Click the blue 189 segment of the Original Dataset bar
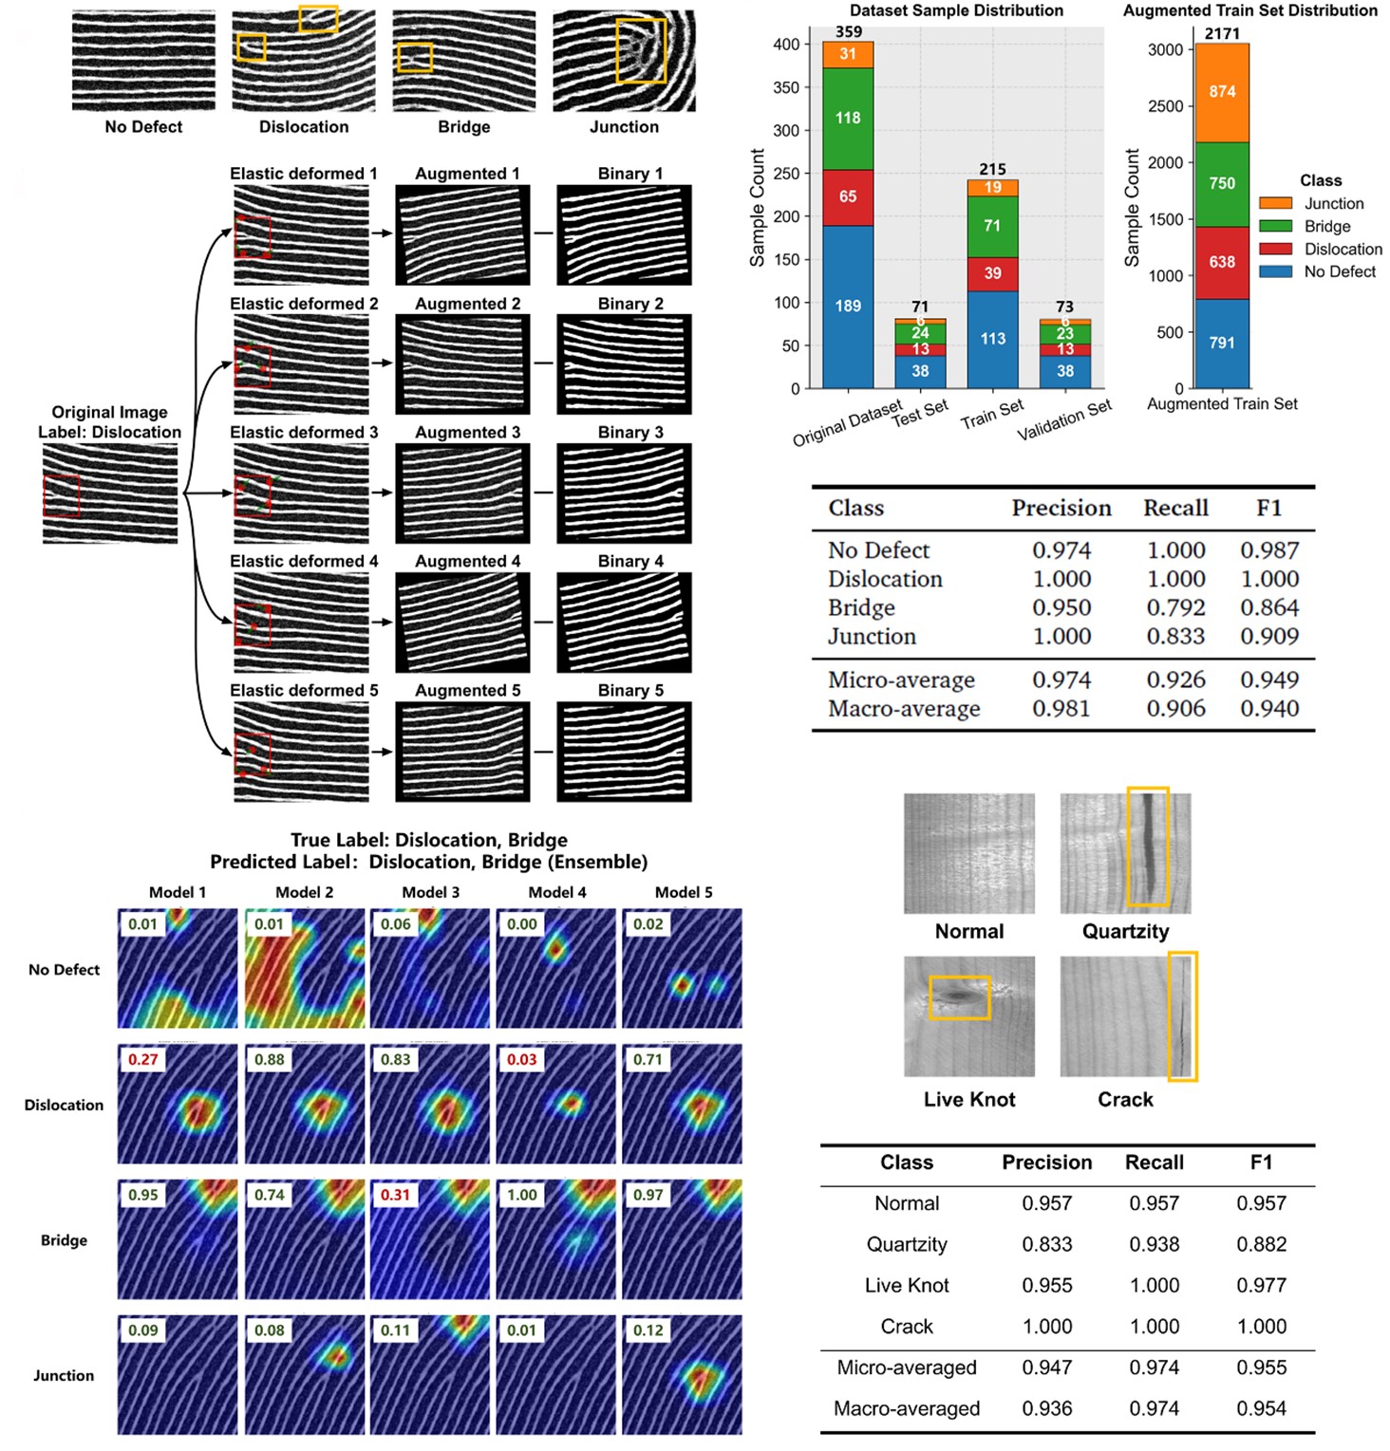point(848,307)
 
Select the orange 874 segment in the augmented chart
point(1222,92)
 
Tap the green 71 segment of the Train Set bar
point(992,226)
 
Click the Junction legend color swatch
point(1275,203)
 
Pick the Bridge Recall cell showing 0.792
point(1175,607)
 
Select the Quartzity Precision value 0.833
point(1047,1244)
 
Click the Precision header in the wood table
point(1047,1163)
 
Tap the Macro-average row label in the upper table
point(904,709)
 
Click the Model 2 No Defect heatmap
point(305,968)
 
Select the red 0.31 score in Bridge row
point(396,1195)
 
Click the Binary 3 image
point(624,493)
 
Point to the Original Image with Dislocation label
point(110,493)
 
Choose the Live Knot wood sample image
point(969,1016)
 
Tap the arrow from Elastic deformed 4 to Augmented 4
point(382,623)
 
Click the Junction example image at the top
point(624,61)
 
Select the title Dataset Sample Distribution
point(956,10)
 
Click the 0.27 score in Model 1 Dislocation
point(143,1059)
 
